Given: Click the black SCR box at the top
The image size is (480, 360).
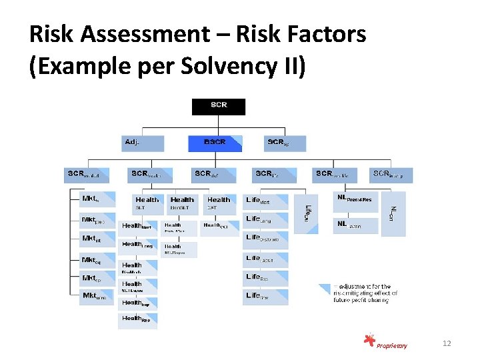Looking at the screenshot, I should coord(219,107).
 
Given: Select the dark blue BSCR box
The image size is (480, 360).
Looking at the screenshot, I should coord(215,143).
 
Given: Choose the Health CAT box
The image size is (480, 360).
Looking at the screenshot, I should coord(219,203).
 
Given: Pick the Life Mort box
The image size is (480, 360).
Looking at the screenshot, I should coord(266,201).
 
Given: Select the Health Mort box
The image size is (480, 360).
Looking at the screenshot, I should coord(138,227).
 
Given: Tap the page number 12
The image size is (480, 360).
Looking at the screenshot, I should coord(447,343).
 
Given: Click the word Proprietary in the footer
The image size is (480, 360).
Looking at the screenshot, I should coord(391,345).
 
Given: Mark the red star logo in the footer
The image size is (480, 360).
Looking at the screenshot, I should coord(369,341).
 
